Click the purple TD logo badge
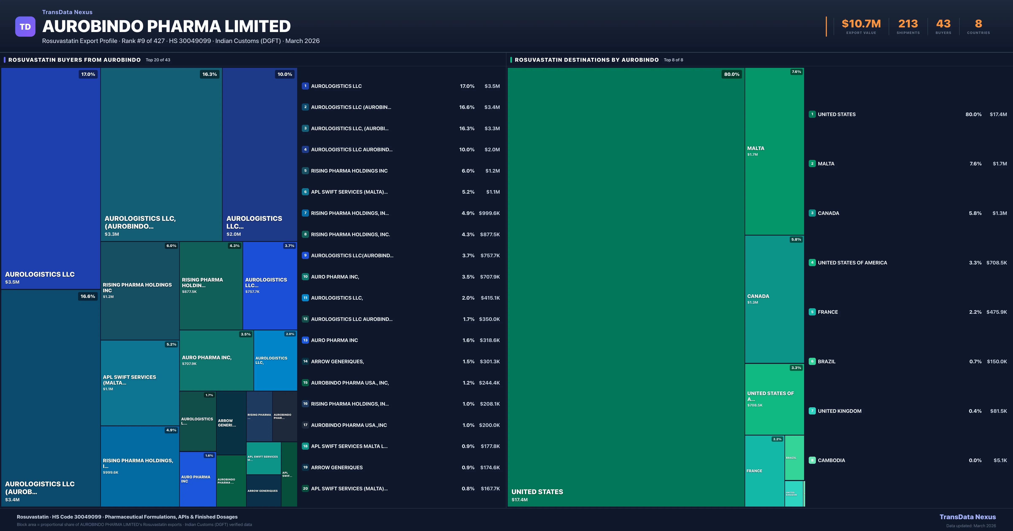[x=25, y=27]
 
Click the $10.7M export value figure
[x=861, y=24]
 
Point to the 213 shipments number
[x=908, y=24]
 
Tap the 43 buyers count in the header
[x=943, y=24]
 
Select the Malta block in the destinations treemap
[x=774, y=151]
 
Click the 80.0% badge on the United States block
[x=731, y=74]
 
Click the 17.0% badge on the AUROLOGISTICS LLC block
[x=88, y=74]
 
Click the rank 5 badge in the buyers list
[x=305, y=171]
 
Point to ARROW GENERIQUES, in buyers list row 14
[x=337, y=361]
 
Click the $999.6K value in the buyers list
[x=489, y=213]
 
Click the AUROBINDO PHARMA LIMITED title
[x=166, y=26]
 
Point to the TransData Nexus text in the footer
[x=967, y=517]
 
